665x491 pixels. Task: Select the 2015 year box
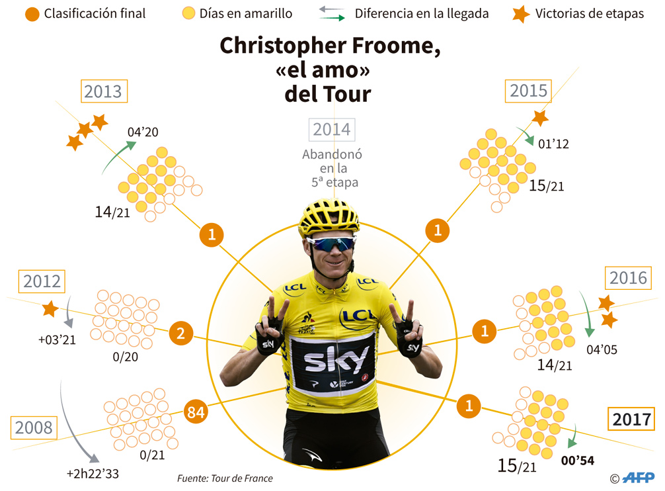point(529,90)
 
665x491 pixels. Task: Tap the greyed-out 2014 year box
point(331,129)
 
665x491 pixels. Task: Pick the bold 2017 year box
point(632,419)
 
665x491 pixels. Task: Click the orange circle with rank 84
point(196,412)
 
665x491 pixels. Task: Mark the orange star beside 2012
point(49,309)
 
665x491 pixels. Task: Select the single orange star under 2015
point(540,118)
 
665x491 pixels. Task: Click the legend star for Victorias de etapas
point(521,13)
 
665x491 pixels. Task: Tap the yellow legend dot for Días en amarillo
point(188,13)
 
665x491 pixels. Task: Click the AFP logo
point(639,478)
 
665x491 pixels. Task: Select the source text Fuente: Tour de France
point(225,478)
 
